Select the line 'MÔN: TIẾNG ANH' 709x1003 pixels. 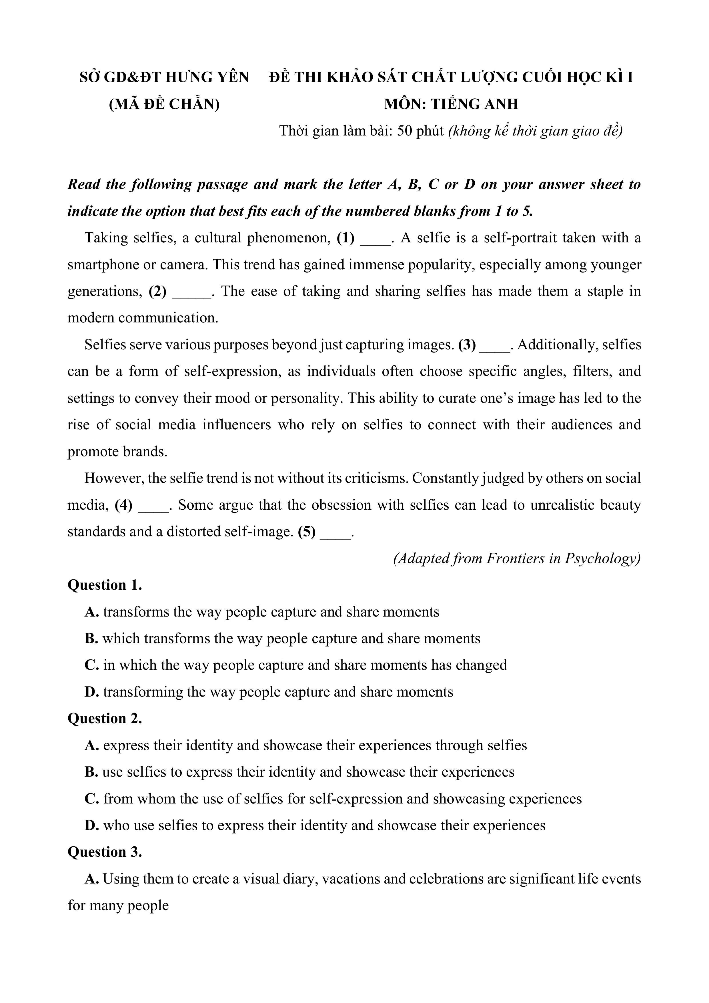pos(451,104)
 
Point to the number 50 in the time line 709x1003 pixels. pos(405,131)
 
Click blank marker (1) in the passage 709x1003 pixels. pos(345,238)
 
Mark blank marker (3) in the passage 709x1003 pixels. pos(467,345)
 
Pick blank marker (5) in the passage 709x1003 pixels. pos(307,532)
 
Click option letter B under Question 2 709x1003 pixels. pos(91,772)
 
